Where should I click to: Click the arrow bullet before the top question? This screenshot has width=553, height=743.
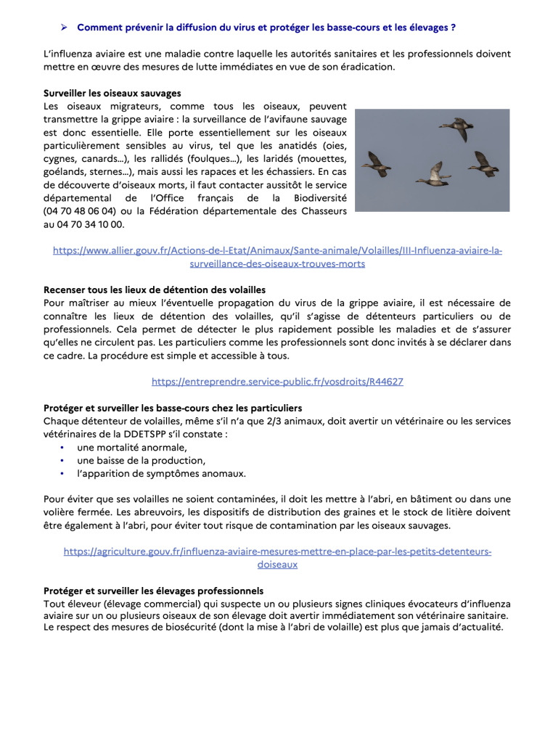click(x=64, y=28)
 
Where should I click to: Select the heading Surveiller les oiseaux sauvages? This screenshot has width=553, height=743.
click(x=112, y=93)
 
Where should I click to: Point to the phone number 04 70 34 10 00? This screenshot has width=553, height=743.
click(x=93, y=224)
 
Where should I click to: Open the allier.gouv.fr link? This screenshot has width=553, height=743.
click(x=277, y=257)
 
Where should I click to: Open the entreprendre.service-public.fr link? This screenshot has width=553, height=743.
click(x=277, y=381)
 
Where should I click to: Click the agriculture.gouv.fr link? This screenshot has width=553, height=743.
click(x=277, y=558)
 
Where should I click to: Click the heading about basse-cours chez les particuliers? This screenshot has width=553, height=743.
click(x=172, y=408)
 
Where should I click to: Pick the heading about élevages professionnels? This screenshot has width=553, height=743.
click(x=152, y=591)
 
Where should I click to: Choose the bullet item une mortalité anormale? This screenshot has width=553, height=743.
click(x=131, y=448)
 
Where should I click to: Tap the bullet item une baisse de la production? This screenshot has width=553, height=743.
click(x=141, y=461)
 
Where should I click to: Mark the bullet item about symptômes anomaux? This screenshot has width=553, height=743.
click(x=161, y=474)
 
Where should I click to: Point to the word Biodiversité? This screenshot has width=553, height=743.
click(x=315, y=198)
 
